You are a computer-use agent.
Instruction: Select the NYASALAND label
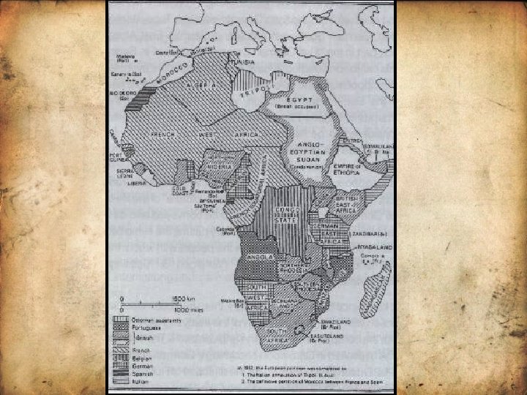(x=373, y=249)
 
